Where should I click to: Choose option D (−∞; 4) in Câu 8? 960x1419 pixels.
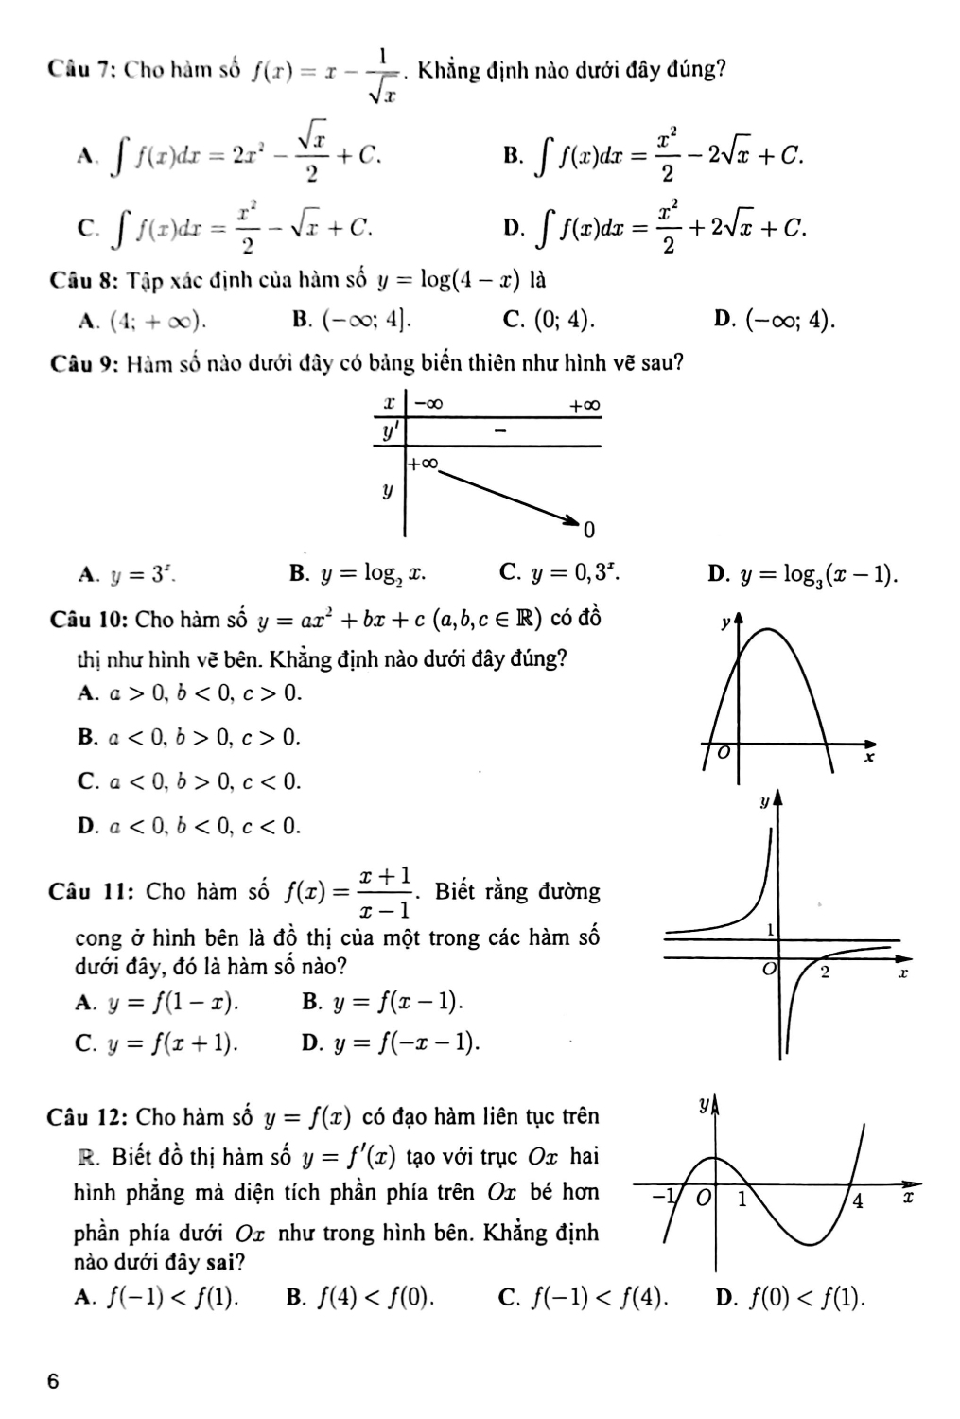pyautogui.click(x=776, y=320)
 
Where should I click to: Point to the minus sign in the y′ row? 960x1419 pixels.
pyautogui.click(x=500, y=431)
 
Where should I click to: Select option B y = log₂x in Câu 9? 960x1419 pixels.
pyautogui.click(x=359, y=572)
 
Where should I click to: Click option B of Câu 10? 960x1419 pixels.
pyautogui.click(x=189, y=736)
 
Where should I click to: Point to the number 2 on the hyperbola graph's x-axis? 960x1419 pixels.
pyautogui.click(x=824, y=972)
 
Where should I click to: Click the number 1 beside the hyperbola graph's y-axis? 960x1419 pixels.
pyautogui.click(x=771, y=929)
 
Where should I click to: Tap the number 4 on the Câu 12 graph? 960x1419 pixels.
pyautogui.click(x=857, y=1201)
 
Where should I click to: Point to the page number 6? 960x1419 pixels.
pyautogui.click(x=54, y=1380)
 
